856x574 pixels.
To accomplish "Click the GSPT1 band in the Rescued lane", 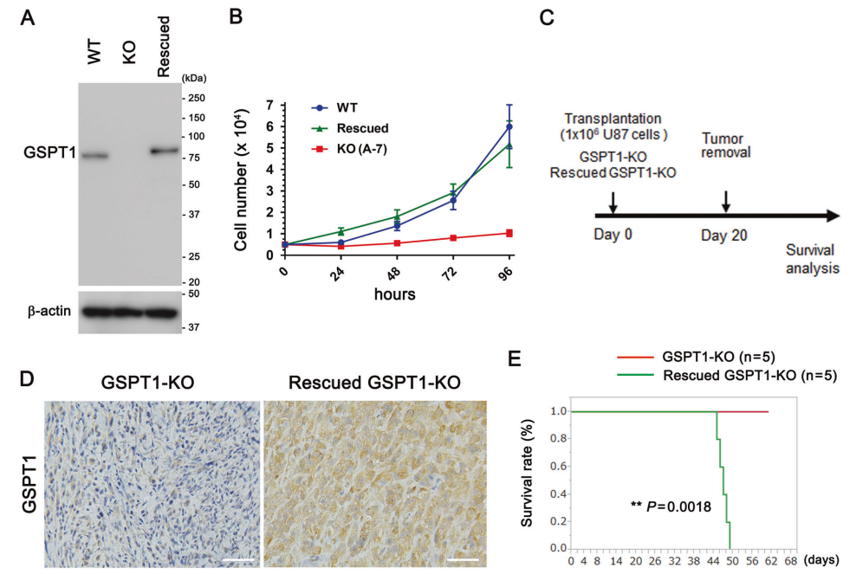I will pos(164,151).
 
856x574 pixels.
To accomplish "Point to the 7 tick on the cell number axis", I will pos(269,106).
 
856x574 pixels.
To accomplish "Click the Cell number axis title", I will pos(244,180).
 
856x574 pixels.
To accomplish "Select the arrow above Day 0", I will pos(613,202).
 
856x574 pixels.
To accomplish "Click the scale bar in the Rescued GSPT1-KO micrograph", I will pos(462,564).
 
